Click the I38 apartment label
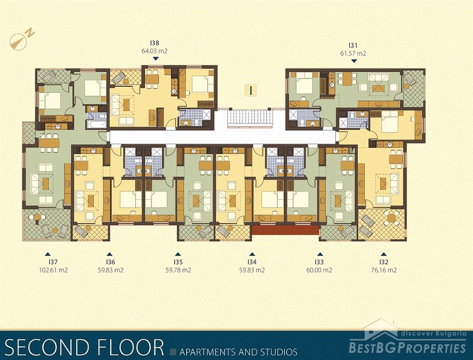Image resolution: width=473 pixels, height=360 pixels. (154, 43)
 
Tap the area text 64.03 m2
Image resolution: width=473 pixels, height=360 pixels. (154, 51)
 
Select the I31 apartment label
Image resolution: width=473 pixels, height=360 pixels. (353, 46)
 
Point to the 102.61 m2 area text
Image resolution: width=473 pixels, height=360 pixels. (53, 270)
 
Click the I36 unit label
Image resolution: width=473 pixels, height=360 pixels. (111, 262)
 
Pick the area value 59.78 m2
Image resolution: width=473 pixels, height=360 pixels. (179, 270)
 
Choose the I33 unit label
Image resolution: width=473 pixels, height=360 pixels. (319, 262)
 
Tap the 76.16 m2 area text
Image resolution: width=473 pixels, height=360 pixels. (384, 270)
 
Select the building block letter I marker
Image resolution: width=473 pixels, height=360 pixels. (251, 90)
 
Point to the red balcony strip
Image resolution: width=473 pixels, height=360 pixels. (285, 230)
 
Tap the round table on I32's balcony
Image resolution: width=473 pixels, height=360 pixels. (392, 218)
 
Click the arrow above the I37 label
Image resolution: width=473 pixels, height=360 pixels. (47, 254)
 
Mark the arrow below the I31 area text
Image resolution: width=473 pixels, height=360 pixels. (354, 61)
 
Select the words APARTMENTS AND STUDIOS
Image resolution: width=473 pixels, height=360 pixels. (238, 352)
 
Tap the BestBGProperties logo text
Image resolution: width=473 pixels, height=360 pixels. (407, 348)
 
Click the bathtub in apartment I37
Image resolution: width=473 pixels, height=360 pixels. (96, 124)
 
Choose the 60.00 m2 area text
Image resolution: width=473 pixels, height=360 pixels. (319, 270)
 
